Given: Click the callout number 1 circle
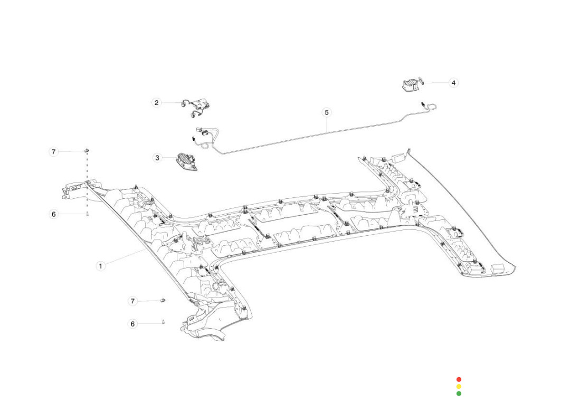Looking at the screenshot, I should [x=100, y=266].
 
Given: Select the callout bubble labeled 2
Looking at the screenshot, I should [x=156, y=102].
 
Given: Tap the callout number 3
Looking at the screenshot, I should [x=157, y=158].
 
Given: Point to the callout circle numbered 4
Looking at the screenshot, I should [x=453, y=83].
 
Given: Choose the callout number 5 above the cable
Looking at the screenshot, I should [x=327, y=112].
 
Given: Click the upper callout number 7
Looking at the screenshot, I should [x=53, y=152].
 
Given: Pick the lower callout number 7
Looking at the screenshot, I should [x=133, y=301].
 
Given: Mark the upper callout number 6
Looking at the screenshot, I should [x=53, y=214].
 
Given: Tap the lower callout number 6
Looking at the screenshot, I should [x=133, y=324].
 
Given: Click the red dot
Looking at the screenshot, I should [x=459, y=379].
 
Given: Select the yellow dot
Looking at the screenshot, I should [x=459, y=386].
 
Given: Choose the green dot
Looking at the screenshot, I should [x=459, y=393].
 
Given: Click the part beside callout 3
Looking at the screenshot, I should [x=186, y=162].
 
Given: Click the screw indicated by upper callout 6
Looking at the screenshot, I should [x=87, y=214].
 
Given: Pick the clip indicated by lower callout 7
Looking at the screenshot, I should [x=163, y=301].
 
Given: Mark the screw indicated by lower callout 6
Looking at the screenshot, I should [x=164, y=323].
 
